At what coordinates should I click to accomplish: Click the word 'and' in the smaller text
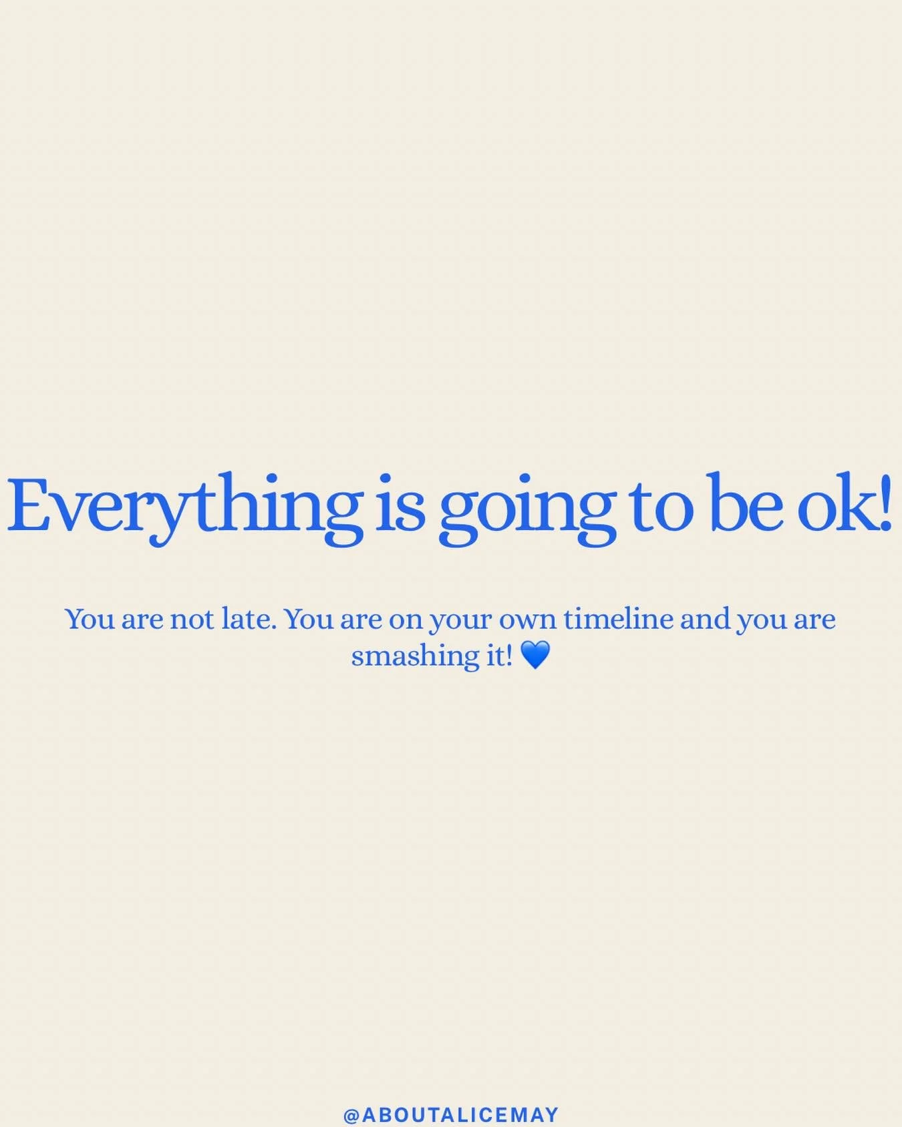coord(705,619)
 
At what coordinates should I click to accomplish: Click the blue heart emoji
coord(535,655)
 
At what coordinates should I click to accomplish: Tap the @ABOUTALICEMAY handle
coord(451,1114)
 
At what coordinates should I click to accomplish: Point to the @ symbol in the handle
coord(351,1114)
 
